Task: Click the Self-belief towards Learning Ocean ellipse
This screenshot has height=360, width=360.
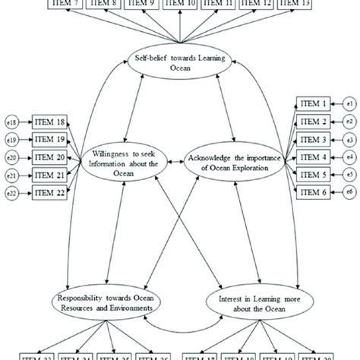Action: click(180, 62)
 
